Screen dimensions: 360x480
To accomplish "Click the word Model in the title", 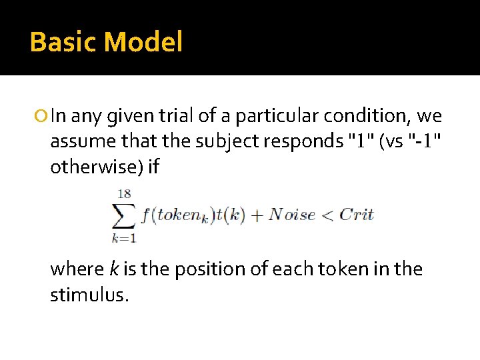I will coord(143,42).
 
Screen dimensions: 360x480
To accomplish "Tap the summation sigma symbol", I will coord(124,215).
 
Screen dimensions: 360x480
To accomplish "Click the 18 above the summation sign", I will coord(124,194).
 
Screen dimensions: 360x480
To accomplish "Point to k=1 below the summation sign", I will coord(124,236).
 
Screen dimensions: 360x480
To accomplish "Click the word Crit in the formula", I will coord(357,215).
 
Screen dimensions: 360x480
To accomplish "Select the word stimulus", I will coord(89,294).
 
